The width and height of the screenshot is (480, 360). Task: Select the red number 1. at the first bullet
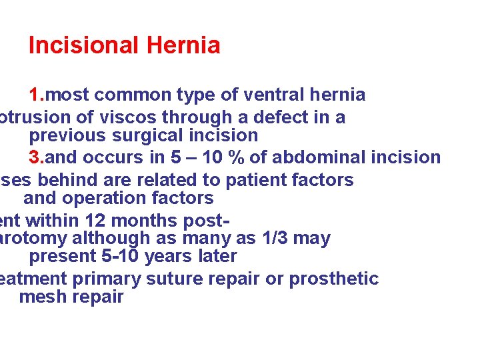[37, 95]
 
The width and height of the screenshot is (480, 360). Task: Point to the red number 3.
[37, 157]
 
